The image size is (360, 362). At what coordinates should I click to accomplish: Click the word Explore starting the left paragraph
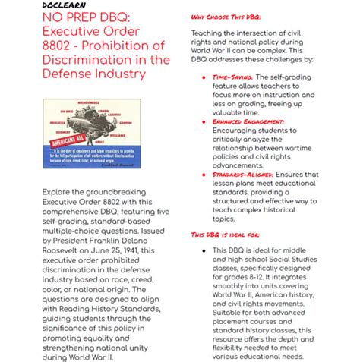click(x=59, y=194)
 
